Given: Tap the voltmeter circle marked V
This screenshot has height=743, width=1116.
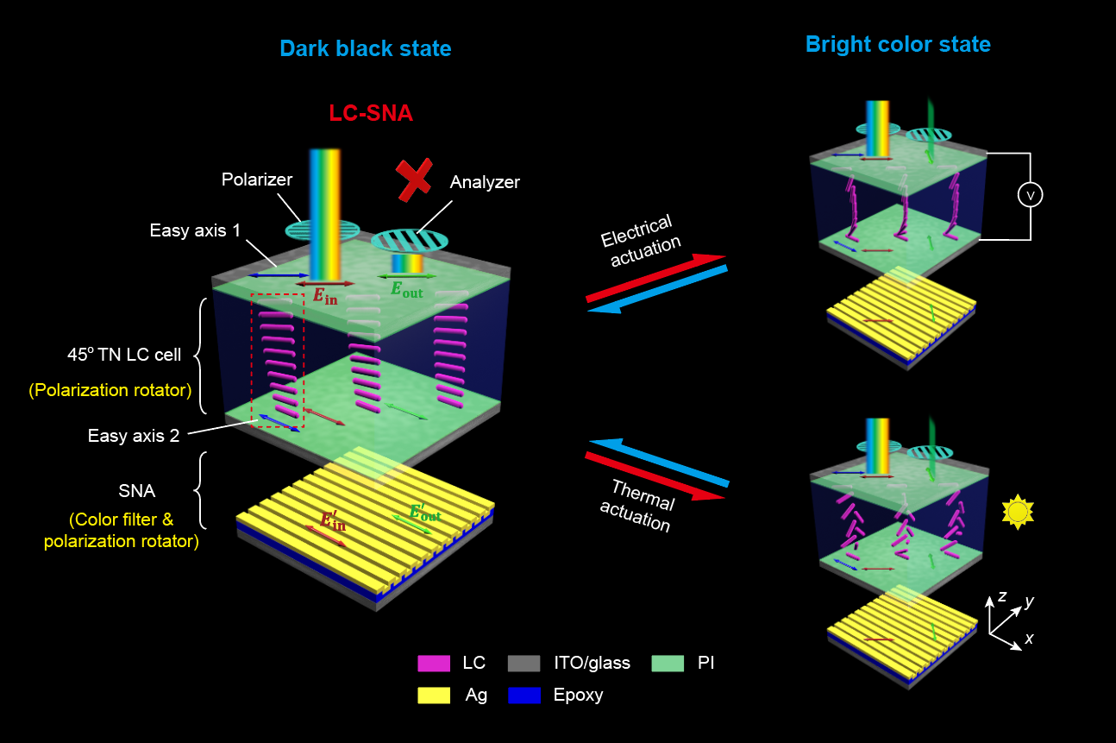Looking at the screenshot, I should [x=1030, y=197].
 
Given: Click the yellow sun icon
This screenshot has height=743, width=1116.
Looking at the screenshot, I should [x=1018, y=512].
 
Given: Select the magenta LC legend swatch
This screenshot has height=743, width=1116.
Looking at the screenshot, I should [x=434, y=664].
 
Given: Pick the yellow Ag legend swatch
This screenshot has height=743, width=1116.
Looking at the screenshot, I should [x=434, y=696].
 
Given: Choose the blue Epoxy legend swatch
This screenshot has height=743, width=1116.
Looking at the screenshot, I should [x=524, y=696].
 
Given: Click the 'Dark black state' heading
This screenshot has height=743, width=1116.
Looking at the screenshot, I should [x=365, y=48].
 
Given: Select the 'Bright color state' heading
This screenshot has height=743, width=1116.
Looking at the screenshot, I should [x=898, y=44].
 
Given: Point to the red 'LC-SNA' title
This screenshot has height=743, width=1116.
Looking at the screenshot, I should [x=371, y=113].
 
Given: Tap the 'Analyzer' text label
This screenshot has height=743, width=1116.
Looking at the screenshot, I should [x=484, y=182].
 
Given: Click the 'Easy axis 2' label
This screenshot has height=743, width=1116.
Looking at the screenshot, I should [x=134, y=436].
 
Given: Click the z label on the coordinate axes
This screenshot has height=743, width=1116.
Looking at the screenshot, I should [x=1001, y=596].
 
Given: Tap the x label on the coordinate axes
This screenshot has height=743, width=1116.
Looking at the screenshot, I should [x=1028, y=639].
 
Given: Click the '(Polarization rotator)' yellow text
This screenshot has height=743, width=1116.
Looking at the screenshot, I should [x=110, y=390].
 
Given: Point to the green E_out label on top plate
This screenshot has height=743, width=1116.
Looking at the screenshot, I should [x=406, y=289].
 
